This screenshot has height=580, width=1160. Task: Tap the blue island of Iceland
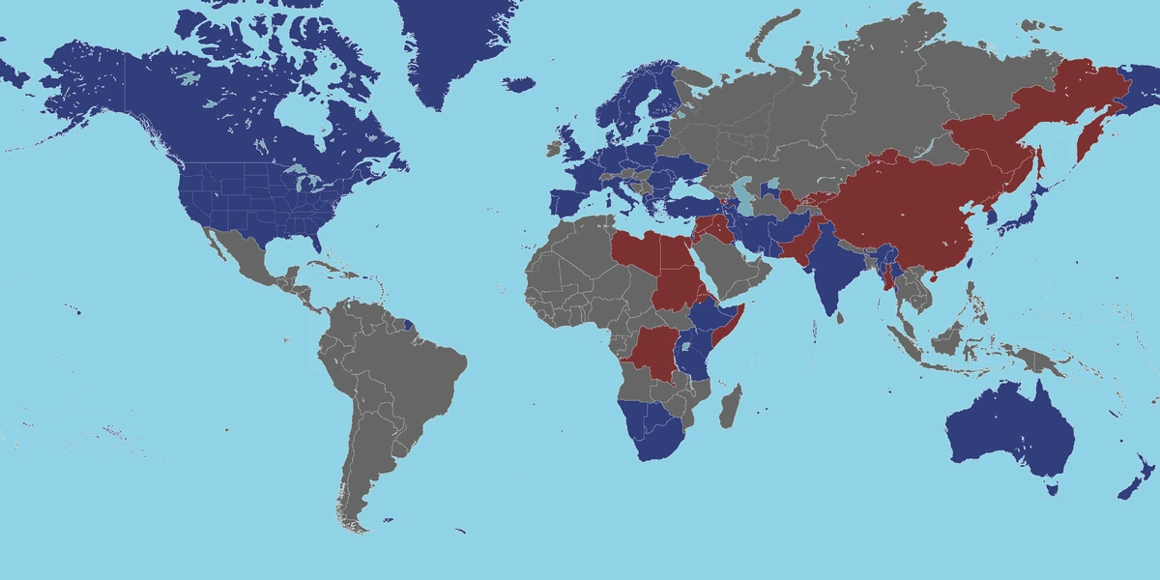[x=519, y=84]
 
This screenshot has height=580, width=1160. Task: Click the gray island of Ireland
[x=553, y=149]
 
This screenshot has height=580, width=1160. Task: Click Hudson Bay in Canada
[x=300, y=121]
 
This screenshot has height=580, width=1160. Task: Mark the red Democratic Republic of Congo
[x=652, y=353]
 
